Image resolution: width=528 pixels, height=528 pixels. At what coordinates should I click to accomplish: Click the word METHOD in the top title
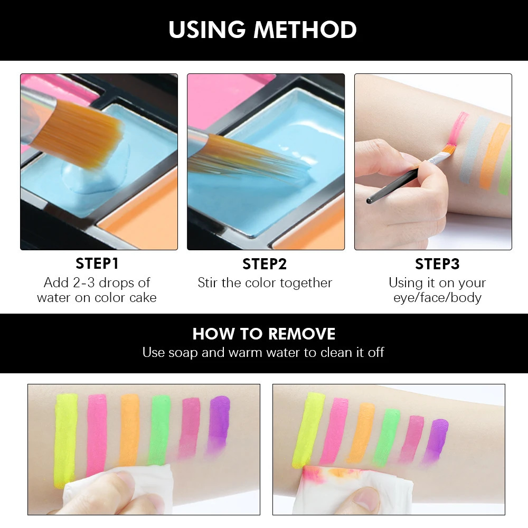pyautogui.click(x=305, y=30)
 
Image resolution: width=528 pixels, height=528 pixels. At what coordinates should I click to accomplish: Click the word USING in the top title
pyautogui.click(x=207, y=30)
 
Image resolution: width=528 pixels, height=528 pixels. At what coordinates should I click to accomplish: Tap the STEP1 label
pyautogui.click(x=97, y=263)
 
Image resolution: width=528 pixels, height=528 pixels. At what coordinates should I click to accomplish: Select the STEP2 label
pyautogui.click(x=265, y=264)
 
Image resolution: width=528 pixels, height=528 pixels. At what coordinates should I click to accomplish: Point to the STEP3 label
pyautogui.click(x=437, y=264)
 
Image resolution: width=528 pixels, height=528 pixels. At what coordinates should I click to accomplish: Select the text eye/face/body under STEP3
pyautogui.click(x=437, y=298)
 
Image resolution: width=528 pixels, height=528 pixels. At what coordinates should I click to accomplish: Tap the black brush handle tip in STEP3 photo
pyautogui.click(x=369, y=201)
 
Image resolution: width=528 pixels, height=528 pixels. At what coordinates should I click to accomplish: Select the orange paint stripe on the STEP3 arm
pyautogui.click(x=493, y=155)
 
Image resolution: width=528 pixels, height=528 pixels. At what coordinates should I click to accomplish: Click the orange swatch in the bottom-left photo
pyautogui.click(x=130, y=431)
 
